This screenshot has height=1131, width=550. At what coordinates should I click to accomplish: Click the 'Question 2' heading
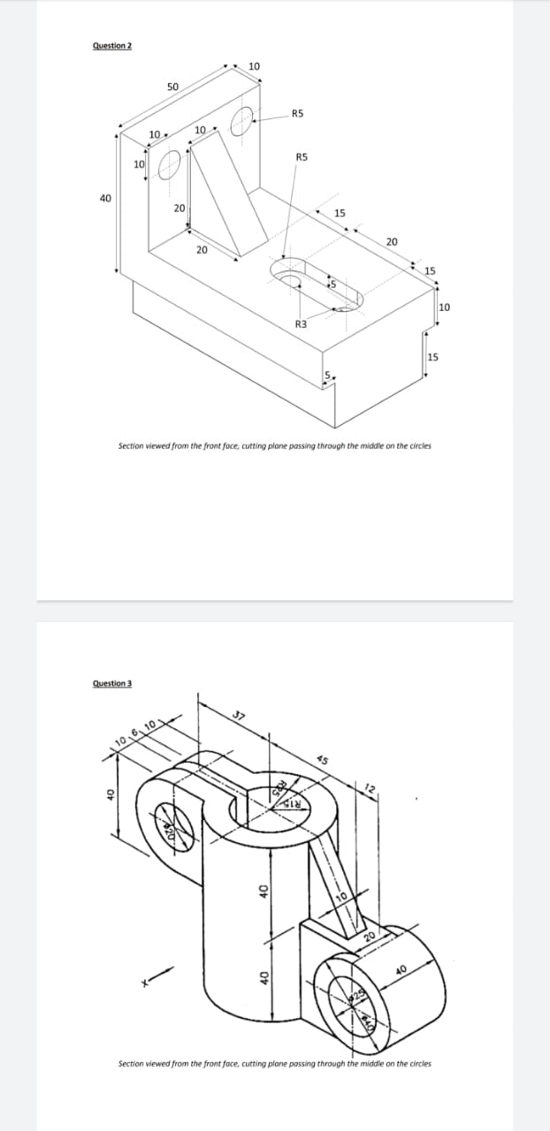pos(111,46)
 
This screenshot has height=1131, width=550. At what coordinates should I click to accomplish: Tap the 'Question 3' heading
pos(111,683)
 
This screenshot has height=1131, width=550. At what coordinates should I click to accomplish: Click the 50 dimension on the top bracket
pos(172,87)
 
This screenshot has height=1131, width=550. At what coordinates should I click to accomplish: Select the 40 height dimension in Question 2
pos(106,199)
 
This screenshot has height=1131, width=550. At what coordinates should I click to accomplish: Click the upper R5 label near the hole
pos(297,113)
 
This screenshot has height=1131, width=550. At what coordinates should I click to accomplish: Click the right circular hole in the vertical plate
pos(243,119)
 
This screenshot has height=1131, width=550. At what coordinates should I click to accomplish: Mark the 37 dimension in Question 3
pos(237,715)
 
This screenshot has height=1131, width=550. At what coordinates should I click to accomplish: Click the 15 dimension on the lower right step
pos(432,357)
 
